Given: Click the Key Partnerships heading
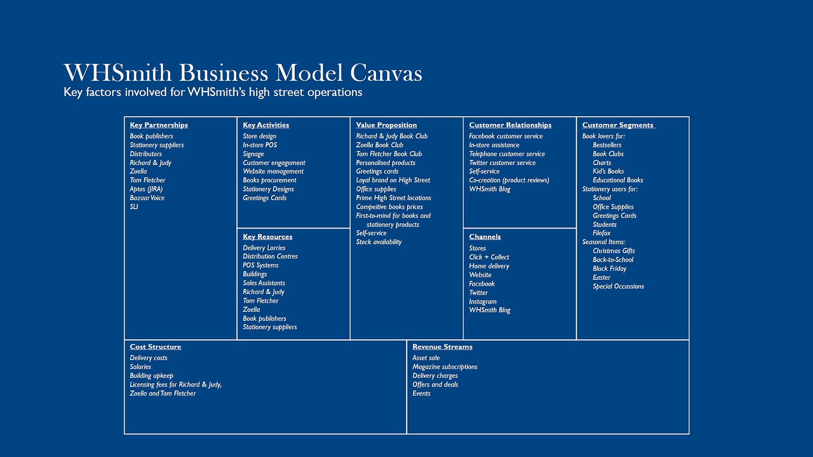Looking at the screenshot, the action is [159, 125].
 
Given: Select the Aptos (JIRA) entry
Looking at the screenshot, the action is [146, 189].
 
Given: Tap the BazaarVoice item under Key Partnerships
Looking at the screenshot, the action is [147, 198].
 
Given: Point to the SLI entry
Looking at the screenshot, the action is [134, 207].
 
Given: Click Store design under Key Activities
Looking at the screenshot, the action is [260, 137].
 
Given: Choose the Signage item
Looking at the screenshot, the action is [254, 154].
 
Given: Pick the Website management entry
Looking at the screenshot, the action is [273, 172].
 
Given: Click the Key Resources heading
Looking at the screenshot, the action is [267, 237].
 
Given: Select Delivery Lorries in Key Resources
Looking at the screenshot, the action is [264, 248].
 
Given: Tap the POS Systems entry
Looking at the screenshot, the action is [261, 265].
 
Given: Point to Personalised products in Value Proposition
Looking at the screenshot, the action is [386, 163].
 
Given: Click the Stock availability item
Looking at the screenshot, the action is [379, 242].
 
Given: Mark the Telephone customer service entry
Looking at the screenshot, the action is [507, 154].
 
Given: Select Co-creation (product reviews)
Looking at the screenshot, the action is [509, 180].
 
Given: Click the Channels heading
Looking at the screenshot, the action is [485, 237].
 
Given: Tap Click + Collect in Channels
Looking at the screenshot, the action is [489, 257].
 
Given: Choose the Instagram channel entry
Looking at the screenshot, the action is [483, 302].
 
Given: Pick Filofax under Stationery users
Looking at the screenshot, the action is [602, 233].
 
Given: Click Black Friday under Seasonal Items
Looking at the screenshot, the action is [609, 269].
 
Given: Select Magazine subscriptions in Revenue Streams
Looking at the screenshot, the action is [445, 367].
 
